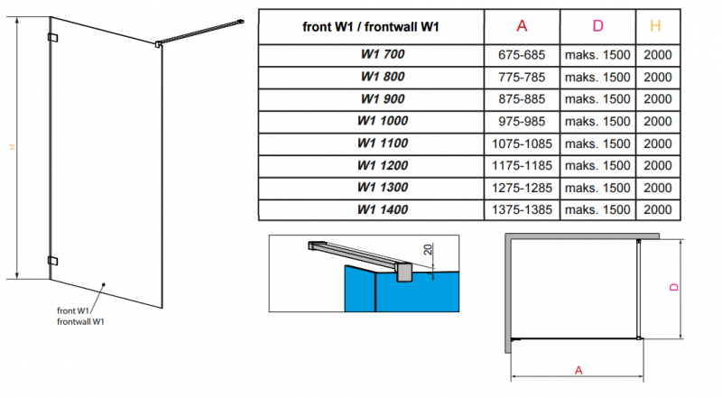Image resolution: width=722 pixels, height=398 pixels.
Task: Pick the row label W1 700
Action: (383, 55)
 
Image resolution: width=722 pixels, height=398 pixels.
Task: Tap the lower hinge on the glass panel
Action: (52, 260)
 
